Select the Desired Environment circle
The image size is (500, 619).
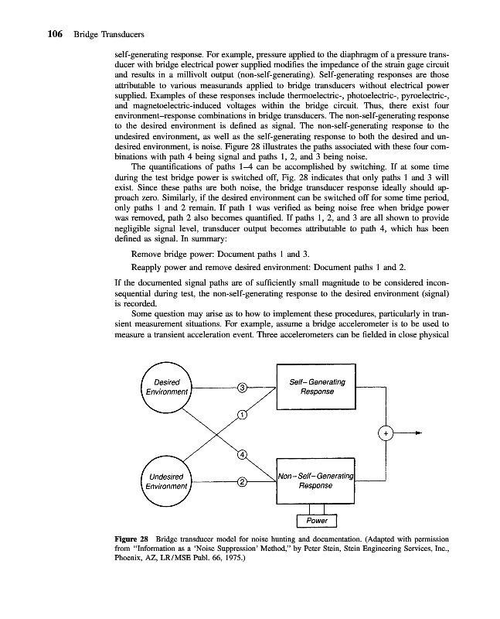click(168, 387)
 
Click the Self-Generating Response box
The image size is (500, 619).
click(316, 386)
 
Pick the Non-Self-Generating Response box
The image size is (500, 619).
click(316, 480)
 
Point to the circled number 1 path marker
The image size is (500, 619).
click(242, 416)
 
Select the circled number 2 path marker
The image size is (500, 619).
click(242, 482)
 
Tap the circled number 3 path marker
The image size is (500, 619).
click(242, 387)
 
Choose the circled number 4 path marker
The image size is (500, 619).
click(242, 453)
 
